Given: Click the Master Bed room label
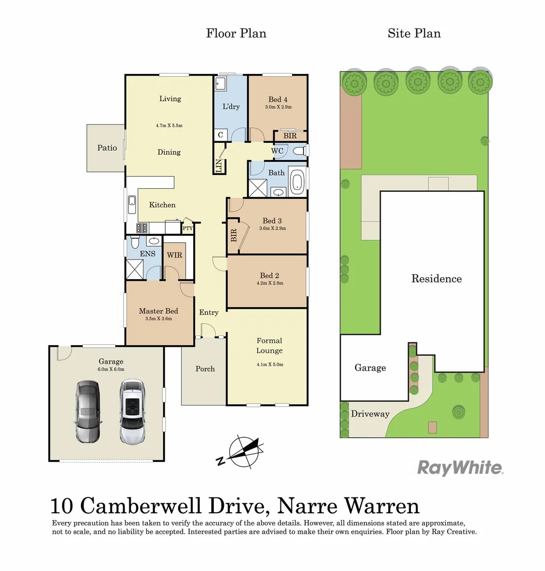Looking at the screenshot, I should tap(158, 311).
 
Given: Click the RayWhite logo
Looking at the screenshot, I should tap(460, 467).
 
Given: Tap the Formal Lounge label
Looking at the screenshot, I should tap(269, 345).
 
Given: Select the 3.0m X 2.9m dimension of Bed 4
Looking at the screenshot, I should tap(278, 107).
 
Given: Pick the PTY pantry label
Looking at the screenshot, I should tap(187, 228).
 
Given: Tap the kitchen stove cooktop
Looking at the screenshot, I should tap(142, 228).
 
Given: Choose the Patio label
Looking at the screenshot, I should tap(107, 148).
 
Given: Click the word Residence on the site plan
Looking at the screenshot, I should tap(436, 279).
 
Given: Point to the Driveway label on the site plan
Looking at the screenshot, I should tap(370, 413).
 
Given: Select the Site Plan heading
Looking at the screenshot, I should tap(414, 33).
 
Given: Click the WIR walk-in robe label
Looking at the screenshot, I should tap(174, 255).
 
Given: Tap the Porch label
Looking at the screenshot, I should tap(205, 369).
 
